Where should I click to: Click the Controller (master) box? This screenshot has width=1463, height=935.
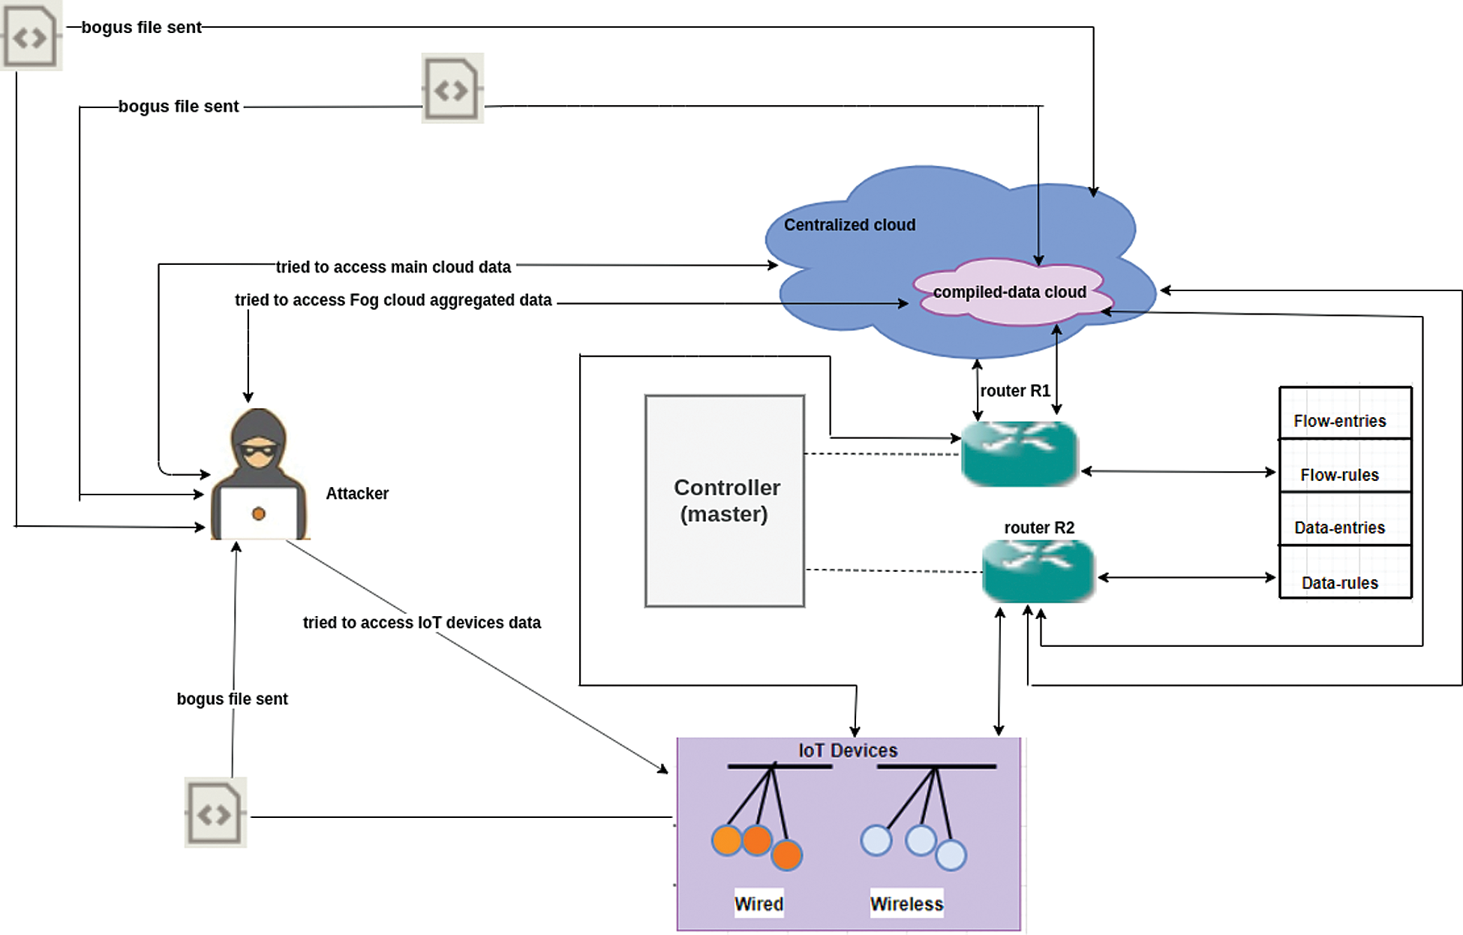pos(725,501)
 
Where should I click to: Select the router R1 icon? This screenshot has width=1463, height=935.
pos(1020,453)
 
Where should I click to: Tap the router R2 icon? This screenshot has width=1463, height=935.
pos(1038,571)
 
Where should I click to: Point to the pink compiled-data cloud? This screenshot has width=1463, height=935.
pos(1009,292)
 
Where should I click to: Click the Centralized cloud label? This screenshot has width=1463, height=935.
pos(849,225)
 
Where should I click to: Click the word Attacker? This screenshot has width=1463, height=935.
pos(357,494)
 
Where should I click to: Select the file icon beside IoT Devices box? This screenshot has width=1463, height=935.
pos(215,813)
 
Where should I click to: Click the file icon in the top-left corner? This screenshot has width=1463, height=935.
pos(30,36)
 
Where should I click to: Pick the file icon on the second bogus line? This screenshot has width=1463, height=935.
pos(452,89)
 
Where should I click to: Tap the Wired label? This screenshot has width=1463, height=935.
pos(759,904)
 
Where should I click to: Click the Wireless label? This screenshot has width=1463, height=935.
pos(906,904)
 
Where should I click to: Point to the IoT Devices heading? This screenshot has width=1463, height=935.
pos(848,750)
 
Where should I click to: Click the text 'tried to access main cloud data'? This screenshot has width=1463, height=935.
pos(393,267)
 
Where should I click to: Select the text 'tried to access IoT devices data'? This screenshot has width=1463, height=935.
pos(422,623)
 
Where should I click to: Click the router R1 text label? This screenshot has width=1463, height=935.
pos(1015,391)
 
